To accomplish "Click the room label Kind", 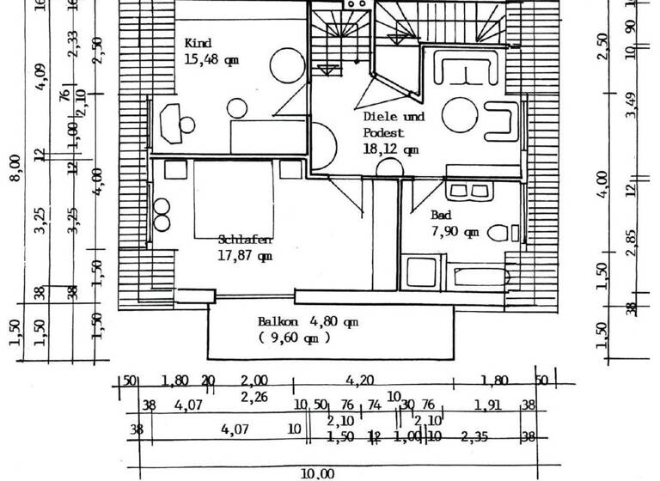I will tap(198, 43).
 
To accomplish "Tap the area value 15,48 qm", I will tap(211, 59).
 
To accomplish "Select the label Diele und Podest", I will tap(394, 125).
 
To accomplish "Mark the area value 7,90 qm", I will tap(455, 232).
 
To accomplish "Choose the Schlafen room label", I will tap(245, 240).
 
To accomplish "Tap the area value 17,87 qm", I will tap(245, 255).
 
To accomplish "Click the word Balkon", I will tap(278, 322).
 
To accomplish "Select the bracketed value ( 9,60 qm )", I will tap(295, 338).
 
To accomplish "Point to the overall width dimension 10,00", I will tap(317, 472).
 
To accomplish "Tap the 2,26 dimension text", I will tap(254, 397).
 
